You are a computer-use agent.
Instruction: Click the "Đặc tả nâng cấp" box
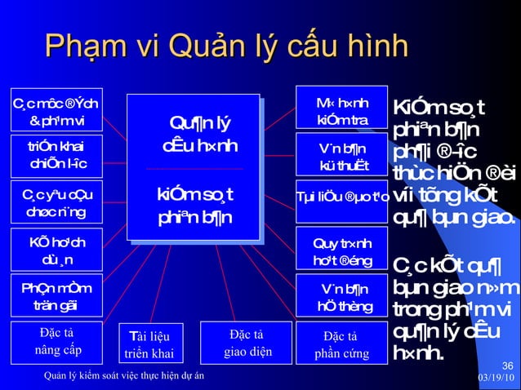point(56,342)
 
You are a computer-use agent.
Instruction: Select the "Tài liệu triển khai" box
point(151,343)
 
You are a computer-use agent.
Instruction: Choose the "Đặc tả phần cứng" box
point(340,343)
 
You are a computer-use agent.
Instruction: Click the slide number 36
point(507,365)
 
